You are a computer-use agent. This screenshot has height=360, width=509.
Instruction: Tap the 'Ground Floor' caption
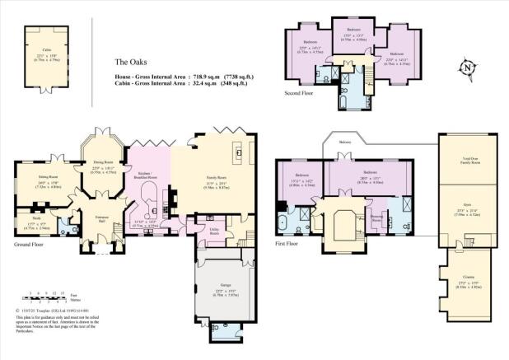[31, 245]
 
